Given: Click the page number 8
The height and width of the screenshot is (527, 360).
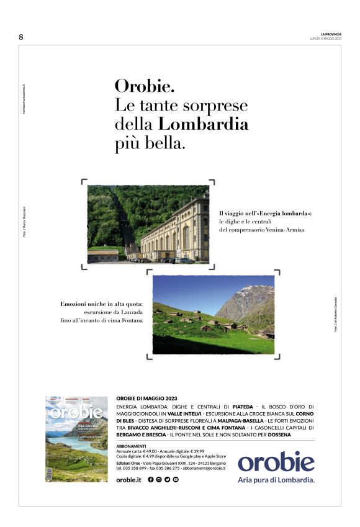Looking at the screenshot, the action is pos(21,37).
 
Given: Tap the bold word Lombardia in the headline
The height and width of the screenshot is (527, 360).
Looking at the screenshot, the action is pos(204,124).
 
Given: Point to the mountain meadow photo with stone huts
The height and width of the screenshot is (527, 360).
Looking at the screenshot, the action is pos(213,315).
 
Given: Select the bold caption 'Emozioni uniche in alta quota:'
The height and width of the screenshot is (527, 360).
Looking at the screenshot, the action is pos(102,304).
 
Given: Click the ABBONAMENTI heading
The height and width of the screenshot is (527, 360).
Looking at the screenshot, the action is pos(131,446).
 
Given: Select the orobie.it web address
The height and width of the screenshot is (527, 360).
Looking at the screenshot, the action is pos(129,480).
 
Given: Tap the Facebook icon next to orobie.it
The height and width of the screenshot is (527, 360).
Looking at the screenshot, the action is pos(151,480).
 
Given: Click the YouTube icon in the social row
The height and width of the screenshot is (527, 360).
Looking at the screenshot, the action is pos(176,480).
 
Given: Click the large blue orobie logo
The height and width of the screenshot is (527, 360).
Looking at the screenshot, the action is pos(276,462).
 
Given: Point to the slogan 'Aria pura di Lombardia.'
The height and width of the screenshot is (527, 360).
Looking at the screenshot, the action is pos(276,480).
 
